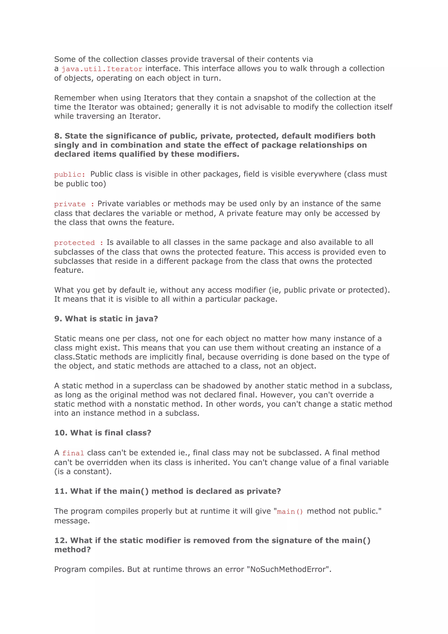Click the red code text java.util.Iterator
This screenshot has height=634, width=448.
pyautogui.click(x=102, y=69)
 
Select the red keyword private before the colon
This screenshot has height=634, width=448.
pyautogui.click(x=70, y=204)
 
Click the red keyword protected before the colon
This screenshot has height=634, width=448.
pyautogui.click(x=74, y=243)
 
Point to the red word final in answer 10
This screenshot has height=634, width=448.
pyautogui.click(x=73, y=453)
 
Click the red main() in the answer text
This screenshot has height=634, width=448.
pyautogui.click(x=290, y=512)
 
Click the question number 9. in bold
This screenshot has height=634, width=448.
pyautogui.click(x=58, y=319)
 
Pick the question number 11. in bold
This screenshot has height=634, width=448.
pyautogui.click(x=61, y=491)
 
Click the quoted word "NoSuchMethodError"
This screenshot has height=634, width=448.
pyautogui.click(x=288, y=569)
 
